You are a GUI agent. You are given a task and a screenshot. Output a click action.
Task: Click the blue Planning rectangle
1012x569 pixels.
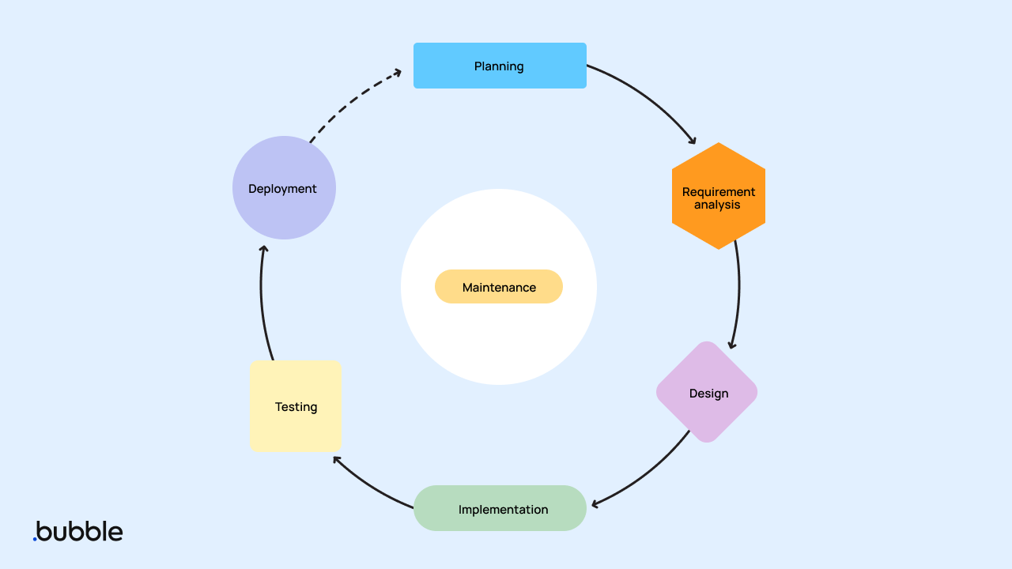tap(500, 66)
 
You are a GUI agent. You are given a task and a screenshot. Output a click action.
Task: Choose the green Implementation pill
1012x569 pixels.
tap(500, 508)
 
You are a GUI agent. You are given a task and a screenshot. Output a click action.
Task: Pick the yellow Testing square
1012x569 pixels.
tap(295, 406)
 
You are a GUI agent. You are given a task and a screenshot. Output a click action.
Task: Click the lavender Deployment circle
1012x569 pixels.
tap(284, 188)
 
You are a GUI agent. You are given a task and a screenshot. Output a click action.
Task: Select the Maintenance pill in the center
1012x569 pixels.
tap(499, 287)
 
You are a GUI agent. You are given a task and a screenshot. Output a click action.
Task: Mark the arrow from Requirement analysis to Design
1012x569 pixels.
tap(738, 292)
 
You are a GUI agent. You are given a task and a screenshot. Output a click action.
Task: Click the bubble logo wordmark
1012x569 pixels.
tap(79, 531)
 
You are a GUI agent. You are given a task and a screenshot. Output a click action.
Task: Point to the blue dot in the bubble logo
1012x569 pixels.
tap(35, 539)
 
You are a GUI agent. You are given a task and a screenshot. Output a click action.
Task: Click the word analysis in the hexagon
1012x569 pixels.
tap(717, 205)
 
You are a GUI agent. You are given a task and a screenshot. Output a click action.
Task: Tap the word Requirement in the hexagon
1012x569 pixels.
tap(718, 192)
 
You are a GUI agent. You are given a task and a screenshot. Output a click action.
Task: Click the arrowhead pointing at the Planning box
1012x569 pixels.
tap(397, 74)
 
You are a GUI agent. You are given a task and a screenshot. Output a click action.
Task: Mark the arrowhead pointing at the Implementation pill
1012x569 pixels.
tap(595, 503)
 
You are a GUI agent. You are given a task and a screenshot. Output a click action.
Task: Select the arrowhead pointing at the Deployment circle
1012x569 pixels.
tap(264, 250)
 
